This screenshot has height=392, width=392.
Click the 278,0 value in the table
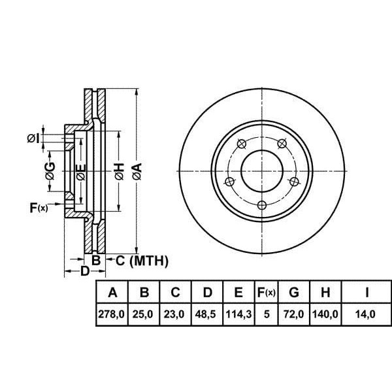click(x=112, y=314)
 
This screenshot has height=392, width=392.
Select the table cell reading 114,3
click(x=238, y=314)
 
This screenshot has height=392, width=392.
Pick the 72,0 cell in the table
click(x=294, y=314)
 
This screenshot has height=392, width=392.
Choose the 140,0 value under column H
click(x=325, y=314)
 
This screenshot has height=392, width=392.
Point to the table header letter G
click(x=294, y=292)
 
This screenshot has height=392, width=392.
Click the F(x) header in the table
click(x=267, y=292)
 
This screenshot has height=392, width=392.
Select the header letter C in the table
click(x=175, y=292)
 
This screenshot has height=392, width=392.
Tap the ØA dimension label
click(x=137, y=171)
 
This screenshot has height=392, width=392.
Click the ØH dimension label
click(x=120, y=171)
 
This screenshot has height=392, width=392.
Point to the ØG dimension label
click(x=50, y=171)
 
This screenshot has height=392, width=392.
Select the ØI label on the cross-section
click(x=33, y=139)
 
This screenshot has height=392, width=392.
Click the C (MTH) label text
click(x=142, y=261)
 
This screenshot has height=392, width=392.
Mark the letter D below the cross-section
click(x=84, y=271)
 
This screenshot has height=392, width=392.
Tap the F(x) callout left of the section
click(x=39, y=208)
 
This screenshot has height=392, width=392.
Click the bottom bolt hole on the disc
click(x=262, y=206)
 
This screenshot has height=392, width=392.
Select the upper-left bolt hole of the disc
click(x=242, y=144)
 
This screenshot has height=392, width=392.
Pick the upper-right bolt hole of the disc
click(x=282, y=143)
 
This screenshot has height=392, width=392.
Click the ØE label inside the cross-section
click(x=81, y=172)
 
